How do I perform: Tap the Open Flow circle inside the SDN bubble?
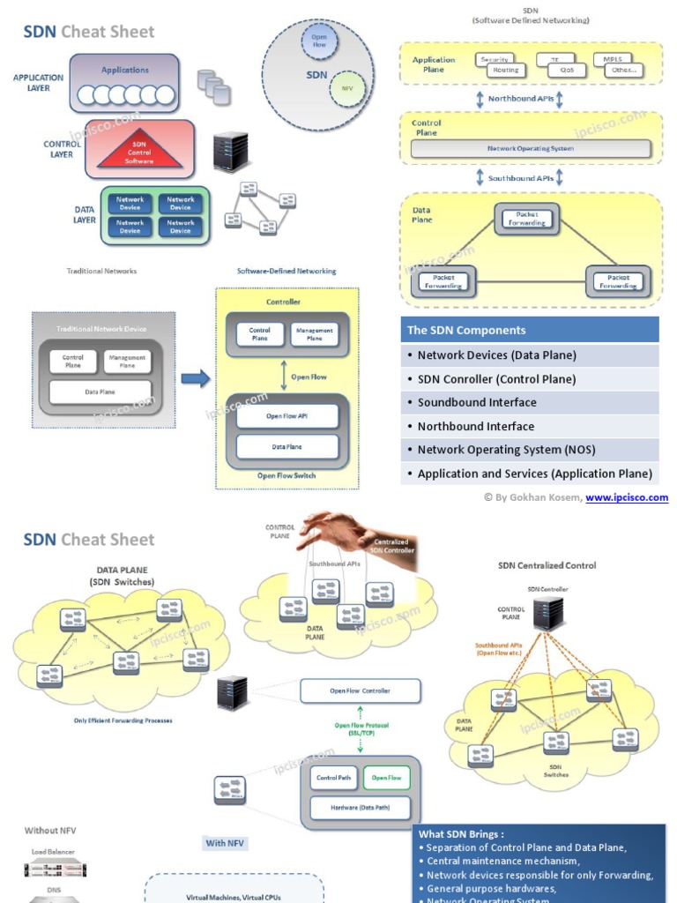tap(319, 40)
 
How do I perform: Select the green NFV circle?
tap(346, 89)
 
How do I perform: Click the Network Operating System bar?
tap(531, 149)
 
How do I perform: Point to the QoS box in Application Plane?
tap(567, 71)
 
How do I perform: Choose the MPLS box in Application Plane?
tap(613, 59)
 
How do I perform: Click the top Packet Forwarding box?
tap(526, 218)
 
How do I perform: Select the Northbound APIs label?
tap(521, 99)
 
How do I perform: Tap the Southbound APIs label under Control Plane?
tap(521, 178)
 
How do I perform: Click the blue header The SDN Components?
tap(530, 330)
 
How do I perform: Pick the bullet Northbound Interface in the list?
tap(476, 426)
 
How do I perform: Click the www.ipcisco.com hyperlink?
tap(627, 497)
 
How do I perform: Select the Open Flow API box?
tap(287, 416)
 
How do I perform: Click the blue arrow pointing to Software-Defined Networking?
tap(196, 379)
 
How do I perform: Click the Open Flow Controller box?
tap(360, 690)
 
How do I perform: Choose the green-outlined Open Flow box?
tap(386, 778)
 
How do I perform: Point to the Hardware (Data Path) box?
tap(361, 807)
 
